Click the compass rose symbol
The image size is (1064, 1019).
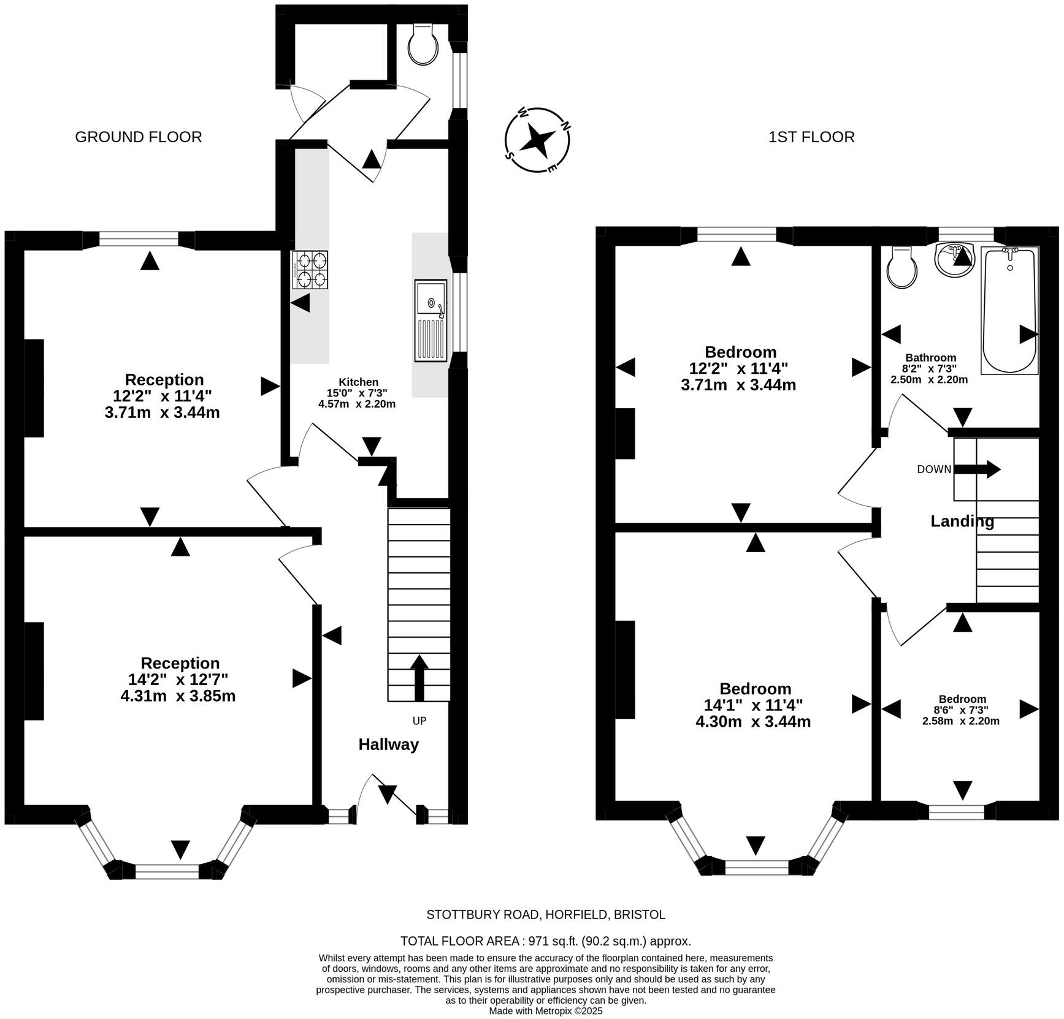click(x=538, y=140)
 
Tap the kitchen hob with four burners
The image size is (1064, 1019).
click(x=310, y=270)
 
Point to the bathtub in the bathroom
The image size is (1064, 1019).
click(x=1009, y=310)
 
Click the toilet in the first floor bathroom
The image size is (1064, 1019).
click(x=903, y=267)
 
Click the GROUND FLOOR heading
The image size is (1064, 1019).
click(x=139, y=137)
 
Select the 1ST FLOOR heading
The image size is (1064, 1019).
click(x=811, y=137)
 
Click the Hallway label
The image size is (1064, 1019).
click(x=389, y=744)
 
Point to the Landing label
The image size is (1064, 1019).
click(x=962, y=521)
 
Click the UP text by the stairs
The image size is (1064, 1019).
click(x=419, y=721)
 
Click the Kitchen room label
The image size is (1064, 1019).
click(x=359, y=382)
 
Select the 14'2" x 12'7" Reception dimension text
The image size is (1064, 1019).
click(x=178, y=680)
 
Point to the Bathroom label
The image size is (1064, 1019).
click(x=931, y=358)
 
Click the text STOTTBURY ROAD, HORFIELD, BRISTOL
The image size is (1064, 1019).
click(x=546, y=915)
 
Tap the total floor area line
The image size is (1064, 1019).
click(x=546, y=941)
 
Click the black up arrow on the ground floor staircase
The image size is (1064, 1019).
click(x=419, y=678)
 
